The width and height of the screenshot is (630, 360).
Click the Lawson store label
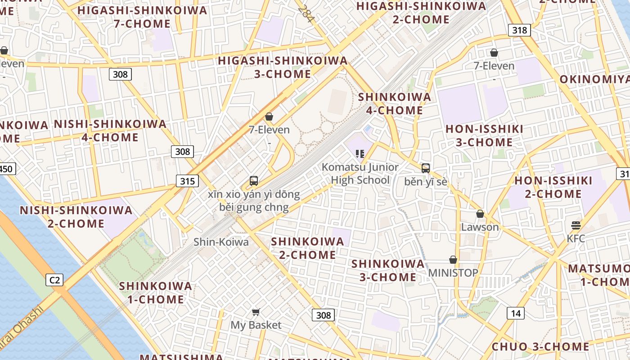(x=480, y=227)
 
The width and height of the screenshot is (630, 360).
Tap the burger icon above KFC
(x=576, y=225)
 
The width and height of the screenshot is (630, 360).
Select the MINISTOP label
(x=453, y=273)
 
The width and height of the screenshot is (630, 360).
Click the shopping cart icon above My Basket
(x=256, y=312)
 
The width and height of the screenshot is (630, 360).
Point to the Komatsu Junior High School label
(x=360, y=174)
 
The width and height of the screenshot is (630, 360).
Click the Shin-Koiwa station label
(x=221, y=242)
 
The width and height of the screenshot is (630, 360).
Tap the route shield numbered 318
(x=519, y=30)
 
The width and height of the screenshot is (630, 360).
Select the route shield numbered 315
(x=187, y=181)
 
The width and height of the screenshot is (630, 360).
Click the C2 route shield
(x=54, y=280)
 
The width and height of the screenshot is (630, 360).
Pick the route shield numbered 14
(x=515, y=313)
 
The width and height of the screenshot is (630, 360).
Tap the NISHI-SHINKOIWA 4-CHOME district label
(x=110, y=130)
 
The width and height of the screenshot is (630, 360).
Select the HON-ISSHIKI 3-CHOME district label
(x=484, y=135)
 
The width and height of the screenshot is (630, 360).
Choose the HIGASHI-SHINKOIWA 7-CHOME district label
(x=142, y=17)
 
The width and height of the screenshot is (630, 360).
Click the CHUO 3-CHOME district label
(x=540, y=346)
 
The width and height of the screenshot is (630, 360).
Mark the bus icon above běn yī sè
(x=425, y=168)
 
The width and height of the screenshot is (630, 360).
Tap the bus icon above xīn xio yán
(x=254, y=181)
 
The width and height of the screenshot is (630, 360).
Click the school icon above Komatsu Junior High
(x=360, y=154)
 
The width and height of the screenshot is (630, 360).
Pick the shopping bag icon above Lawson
(x=480, y=214)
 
